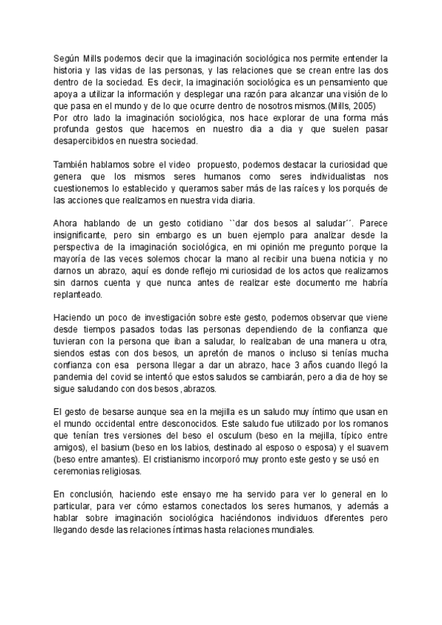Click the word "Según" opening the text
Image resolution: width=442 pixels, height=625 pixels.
(x=67, y=57)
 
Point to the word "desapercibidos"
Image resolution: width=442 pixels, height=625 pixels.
(x=85, y=139)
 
